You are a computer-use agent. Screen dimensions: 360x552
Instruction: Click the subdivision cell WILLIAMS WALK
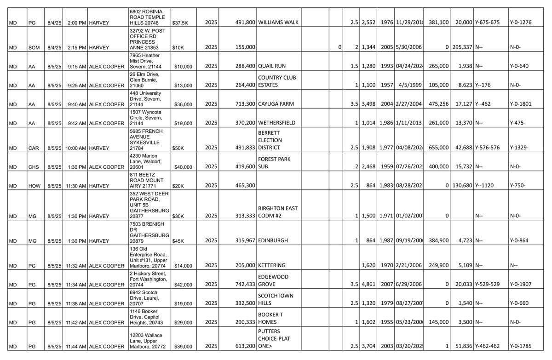click(279, 22)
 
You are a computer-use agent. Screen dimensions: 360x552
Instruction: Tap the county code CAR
click(34, 148)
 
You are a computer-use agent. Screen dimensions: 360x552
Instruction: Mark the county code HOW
click(34, 186)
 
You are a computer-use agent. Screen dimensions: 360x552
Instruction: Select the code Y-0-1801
click(520, 104)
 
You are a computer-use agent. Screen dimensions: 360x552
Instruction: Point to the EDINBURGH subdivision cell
click(273, 240)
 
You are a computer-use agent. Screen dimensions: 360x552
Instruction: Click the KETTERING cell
click(272, 265)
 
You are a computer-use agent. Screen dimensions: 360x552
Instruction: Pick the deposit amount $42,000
click(183, 285)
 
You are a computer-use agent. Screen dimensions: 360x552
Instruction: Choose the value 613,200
click(245, 346)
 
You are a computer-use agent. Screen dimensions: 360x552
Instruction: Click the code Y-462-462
click(487, 346)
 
